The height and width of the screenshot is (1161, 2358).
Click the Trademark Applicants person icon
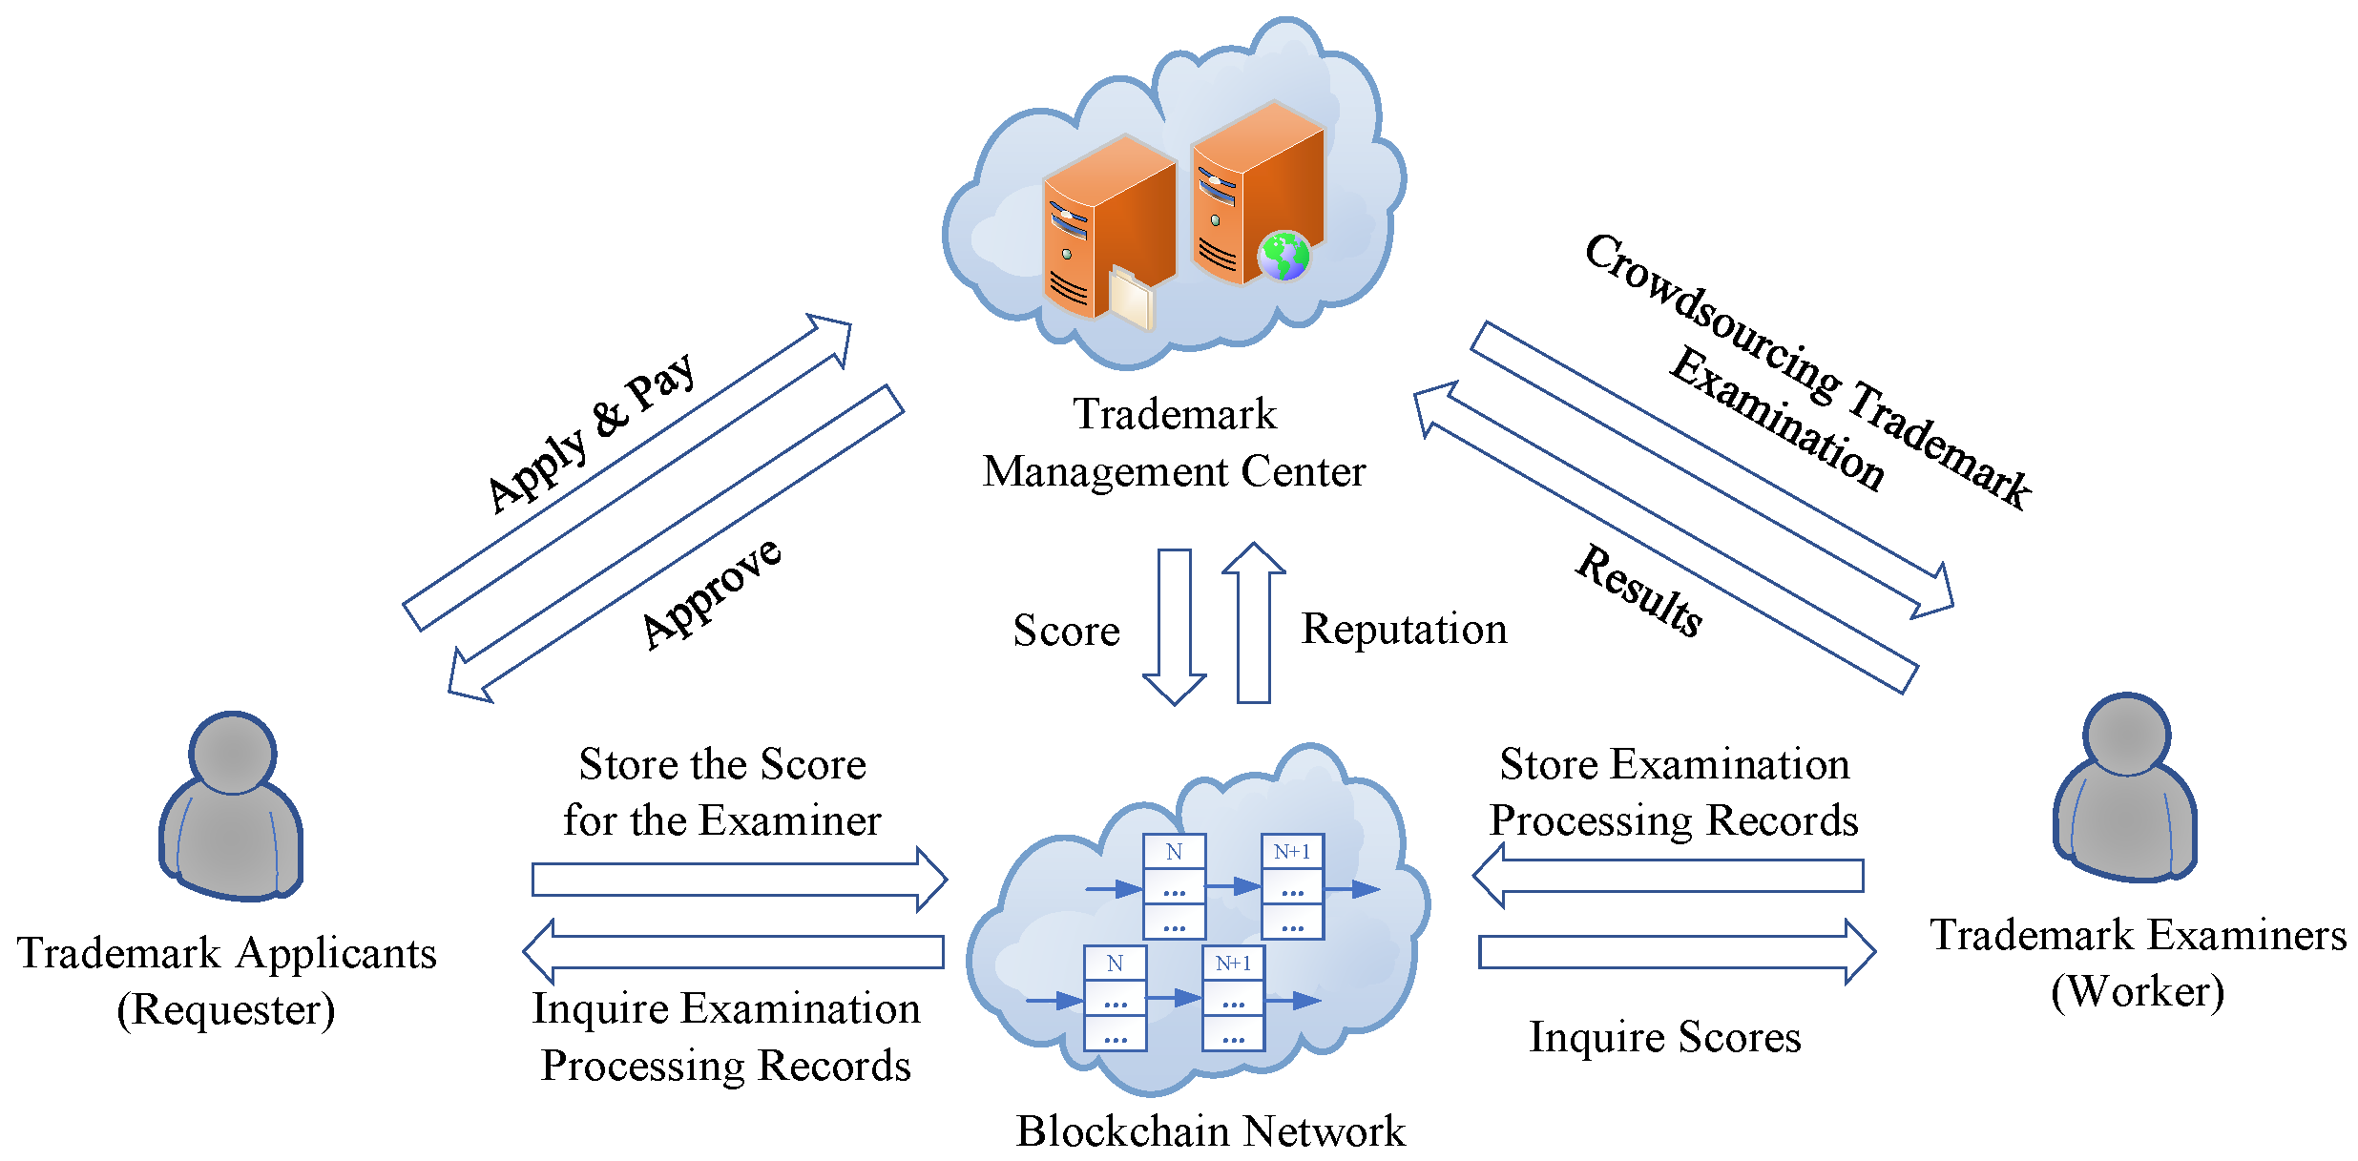pyautogui.click(x=231, y=806)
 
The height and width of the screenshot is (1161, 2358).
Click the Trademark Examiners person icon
pyautogui.click(x=2125, y=788)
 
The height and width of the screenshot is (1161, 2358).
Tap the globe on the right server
pyautogui.click(x=1283, y=256)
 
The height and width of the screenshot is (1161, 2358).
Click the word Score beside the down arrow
pyautogui.click(x=1067, y=631)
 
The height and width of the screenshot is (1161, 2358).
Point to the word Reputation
pyautogui.click(x=1405, y=629)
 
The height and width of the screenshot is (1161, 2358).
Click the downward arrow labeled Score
pyautogui.click(x=1175, y=627)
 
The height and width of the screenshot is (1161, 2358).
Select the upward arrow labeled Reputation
pyautogui.click(x=1254, y=623)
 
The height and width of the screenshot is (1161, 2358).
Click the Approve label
pyautogui.click(x=712, y=593)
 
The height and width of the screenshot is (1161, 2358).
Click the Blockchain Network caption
pyautogui.click(x=1210, y=1131)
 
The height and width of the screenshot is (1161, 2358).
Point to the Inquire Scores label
pyautogui.click(x=1665, y=1037)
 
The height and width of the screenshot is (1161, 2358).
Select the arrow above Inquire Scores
pyautogui.click(x=1678, y=951)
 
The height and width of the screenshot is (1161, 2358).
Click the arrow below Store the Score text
pyautogui.click(x=740, y=879)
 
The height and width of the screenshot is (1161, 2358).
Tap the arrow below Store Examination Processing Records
pyautogui.click(x=1668, y=876)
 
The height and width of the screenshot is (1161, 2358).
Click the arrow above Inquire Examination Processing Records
pyautogui.click(x=734, y=951)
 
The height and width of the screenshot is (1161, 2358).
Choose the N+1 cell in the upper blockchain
pyautogui.click(x=1292, y=851)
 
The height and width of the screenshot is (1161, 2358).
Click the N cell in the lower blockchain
pyautogui.click(x=1115, y=964)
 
